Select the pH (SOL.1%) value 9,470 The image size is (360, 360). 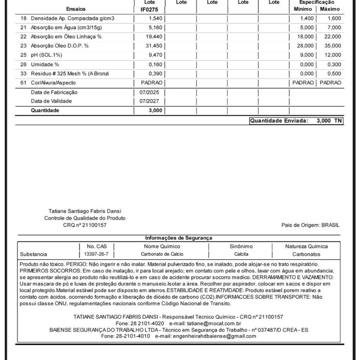[x=155, y=55]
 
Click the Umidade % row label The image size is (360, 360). [x=45, y=64]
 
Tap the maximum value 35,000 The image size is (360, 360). [x=332, y=46]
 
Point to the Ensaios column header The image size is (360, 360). [x=76, y=9]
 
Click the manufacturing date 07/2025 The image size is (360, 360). [x=149, y=92]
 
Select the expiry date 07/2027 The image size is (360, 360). [x=149, y=101]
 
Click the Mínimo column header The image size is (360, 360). [x=303, y=9]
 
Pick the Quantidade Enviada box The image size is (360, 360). [x=296, y=121]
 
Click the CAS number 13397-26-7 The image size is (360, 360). [x=96, y=254]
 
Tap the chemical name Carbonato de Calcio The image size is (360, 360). [x=162, y=254]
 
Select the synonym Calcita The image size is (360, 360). [x=241, y=254]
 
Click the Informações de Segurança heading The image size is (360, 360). [x=179, y=238]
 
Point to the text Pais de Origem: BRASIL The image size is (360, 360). [x=310, y=225]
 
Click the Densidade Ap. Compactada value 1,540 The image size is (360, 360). [x=155, y=18]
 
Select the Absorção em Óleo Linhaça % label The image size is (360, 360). [x=66, y=37]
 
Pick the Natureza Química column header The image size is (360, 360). [x=306, y=246]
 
